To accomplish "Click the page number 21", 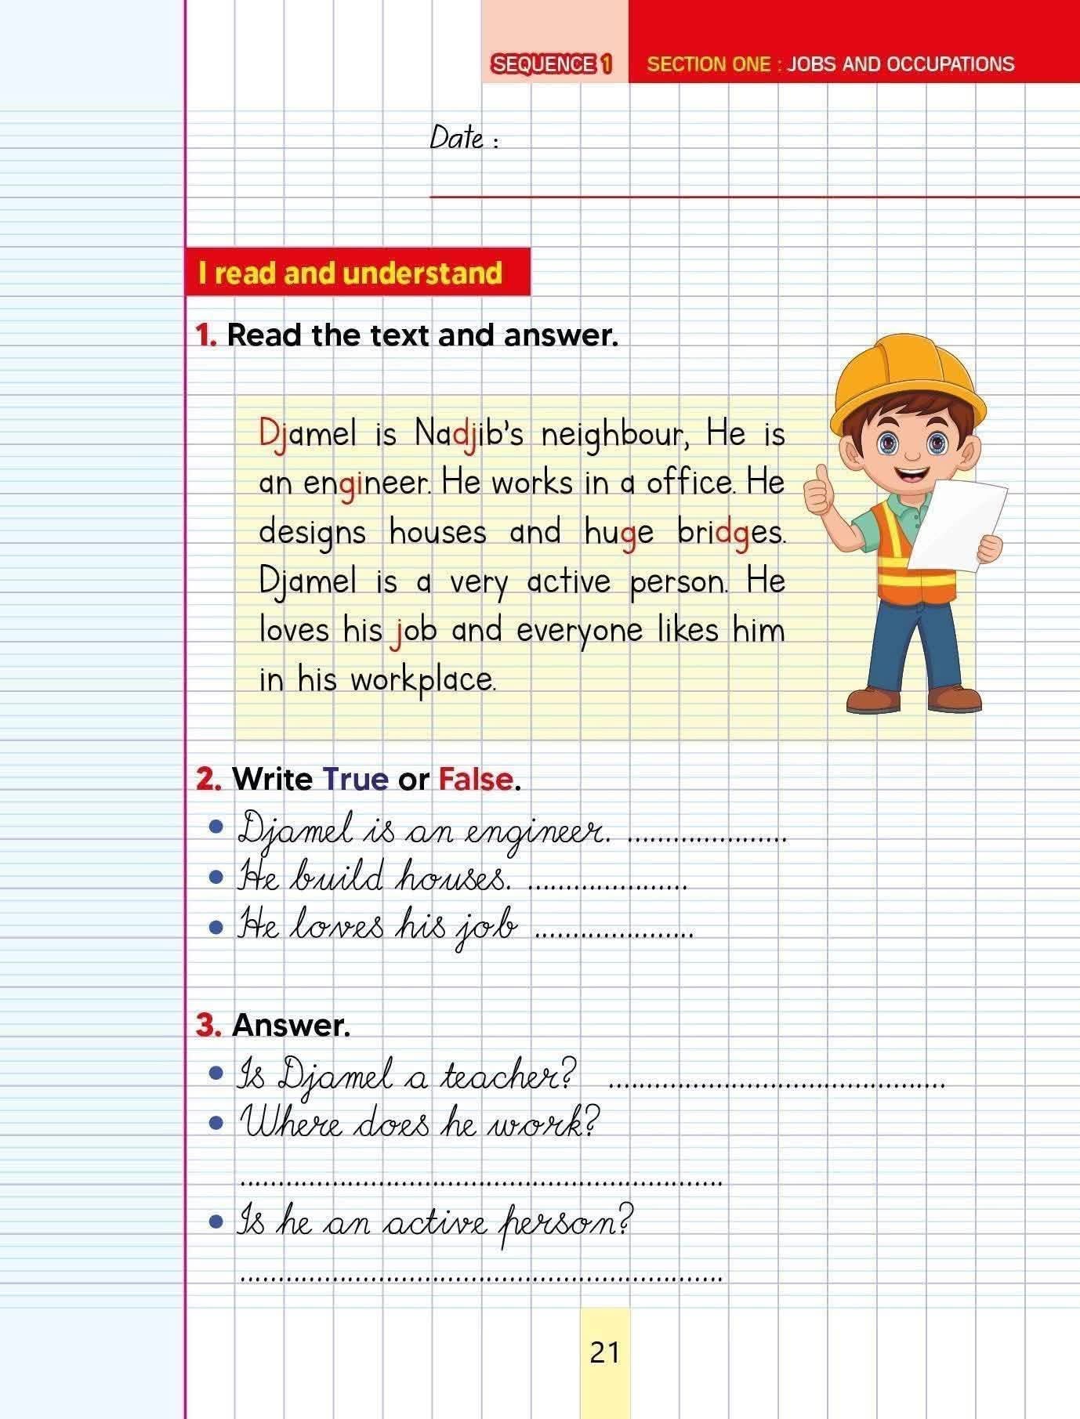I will (x=604, y=1353).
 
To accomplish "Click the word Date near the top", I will (x=457, y=139).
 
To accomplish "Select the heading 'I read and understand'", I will (x=350, y=273).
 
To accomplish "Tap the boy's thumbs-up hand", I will (x=818, y=490).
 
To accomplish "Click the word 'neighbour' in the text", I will (x=614, y=435).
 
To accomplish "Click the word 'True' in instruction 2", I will (x=355, y=780).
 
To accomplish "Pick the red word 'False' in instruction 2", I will (x=476, y=780).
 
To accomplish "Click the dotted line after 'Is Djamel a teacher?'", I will (x=776, y=1085).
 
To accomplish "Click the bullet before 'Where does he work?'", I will (x=217, y=1124).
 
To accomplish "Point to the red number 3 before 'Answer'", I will (x=208, y=1025).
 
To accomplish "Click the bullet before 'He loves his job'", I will (x=217, y=928).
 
